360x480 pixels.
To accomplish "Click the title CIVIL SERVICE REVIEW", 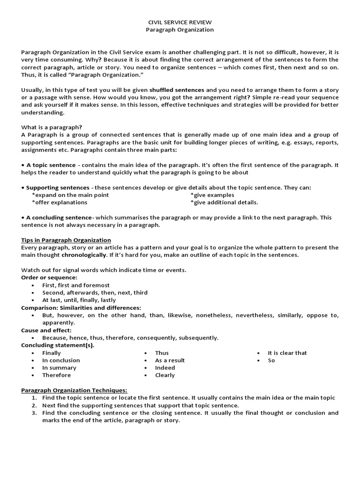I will (180, 22).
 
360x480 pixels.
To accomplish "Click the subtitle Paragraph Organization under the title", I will (180, 30).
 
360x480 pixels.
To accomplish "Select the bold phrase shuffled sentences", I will (177, 90).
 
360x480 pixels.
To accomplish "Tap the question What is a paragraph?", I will (52, 127).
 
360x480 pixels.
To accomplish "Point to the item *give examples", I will (212, 195).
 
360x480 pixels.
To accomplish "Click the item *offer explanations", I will (60, 202).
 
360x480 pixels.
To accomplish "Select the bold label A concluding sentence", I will (59, 217).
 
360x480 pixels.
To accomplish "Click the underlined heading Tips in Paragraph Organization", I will (66, 240).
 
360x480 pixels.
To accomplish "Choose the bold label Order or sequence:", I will (49, 277).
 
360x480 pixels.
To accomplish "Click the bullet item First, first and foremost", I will (76, 285).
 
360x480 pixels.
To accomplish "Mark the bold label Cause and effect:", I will (46, 330).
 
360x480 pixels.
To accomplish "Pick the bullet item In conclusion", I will (61, 360).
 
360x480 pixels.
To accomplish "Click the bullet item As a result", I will (170, 360).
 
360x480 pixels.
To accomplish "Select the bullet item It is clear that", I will (287, 352).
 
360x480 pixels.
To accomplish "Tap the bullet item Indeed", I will (165, 367).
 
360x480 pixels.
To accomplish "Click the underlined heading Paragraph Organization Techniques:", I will (74, 390).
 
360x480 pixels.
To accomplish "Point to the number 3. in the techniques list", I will (34, 412).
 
